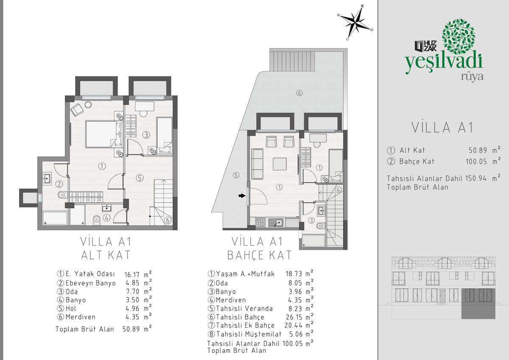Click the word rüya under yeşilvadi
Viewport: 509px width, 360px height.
click(x=472, y=77)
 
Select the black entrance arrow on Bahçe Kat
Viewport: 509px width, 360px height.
click(x=242, y=195)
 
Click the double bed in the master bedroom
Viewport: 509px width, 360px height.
click(x=104, y=134)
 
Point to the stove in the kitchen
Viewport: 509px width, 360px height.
click(x=260, y=222)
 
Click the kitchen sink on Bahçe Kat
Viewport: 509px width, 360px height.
click(x=276, y=222)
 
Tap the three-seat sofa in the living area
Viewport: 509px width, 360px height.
click(x=257, y=164)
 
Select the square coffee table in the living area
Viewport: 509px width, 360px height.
click(x=280, y=164)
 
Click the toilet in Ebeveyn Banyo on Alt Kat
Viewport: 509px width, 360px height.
click(x=62, y=195)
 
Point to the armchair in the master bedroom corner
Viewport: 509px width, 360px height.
click(x=77, y=110)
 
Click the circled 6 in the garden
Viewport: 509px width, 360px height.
click(x=299, y=93)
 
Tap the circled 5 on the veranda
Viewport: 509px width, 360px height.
click(x=236, y=175)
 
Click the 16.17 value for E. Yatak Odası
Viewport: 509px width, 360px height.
click(x=132, y=275)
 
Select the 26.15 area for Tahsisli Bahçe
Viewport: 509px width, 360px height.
click(x=294, y=317)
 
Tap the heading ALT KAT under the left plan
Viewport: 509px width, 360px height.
click(x=106, y=255)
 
